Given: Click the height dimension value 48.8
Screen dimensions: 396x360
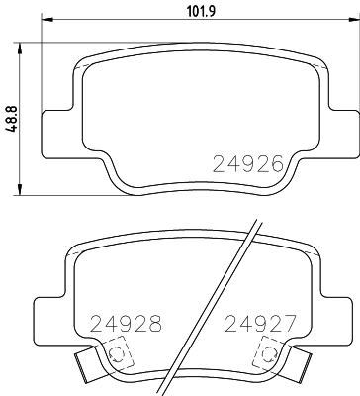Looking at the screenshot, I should [x=11, y=118].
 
